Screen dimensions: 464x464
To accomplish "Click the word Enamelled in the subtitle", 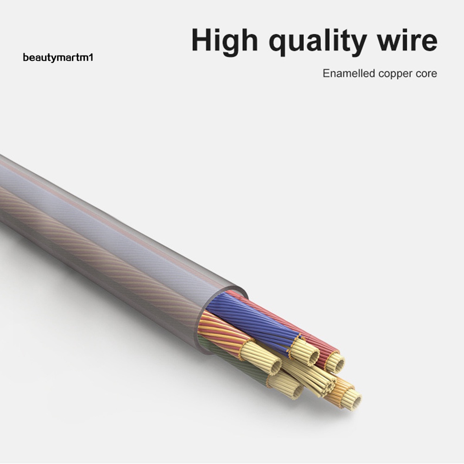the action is [349, 73].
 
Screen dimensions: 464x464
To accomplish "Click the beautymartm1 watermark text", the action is [57, 58].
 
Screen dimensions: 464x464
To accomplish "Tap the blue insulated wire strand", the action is [250, 320].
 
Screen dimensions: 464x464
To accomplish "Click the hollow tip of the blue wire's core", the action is [311, 356].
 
